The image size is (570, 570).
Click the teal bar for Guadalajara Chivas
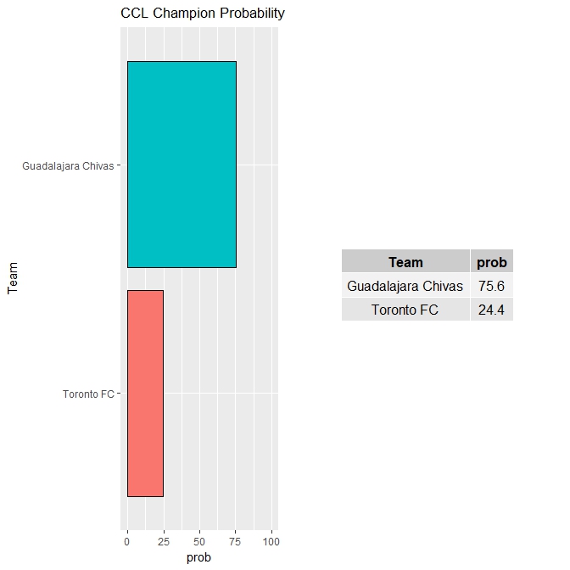pyautogui.click(x=182, y=164)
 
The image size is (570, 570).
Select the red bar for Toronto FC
pyautogui.click(x=145, y=393)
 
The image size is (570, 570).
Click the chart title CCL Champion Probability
pyautogui.click(x=203, y=14)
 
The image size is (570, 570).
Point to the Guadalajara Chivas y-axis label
pyautogui.click(x=68, y=166)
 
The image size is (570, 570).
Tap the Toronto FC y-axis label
pyautogui.click(x=88, y=394)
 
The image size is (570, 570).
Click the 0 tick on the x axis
pyautogui.click(x=127, y=540)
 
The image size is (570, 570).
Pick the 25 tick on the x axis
pyautogui.click(x=163, y=540)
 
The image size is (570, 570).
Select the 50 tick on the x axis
pyautogui.click(x=199, y=540)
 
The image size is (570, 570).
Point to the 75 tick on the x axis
pyautogui.click(x=236, y=540)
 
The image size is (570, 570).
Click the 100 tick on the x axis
pyautogui.click(x=271, y=540)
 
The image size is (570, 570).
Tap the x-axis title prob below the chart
pyautogui.click(x=198, y=557)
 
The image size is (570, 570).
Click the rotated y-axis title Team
pyautogui.click(x=13, y=278)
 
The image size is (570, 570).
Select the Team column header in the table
pyautogui.click(x=405, y=262)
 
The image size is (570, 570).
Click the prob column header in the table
pyautogui.click(x=492, y=262)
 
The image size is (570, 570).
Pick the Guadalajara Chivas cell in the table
pyautogui.click(x=405, y=286)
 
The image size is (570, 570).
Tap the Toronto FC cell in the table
pyautogui.click(x=405, y=310)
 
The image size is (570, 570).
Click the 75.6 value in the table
pyautogui.click(x=492, y=286)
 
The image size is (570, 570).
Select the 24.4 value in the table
pyautogui.click(x=492, y=310)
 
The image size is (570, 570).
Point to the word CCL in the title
pyautogui.click(x=134, y=14)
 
